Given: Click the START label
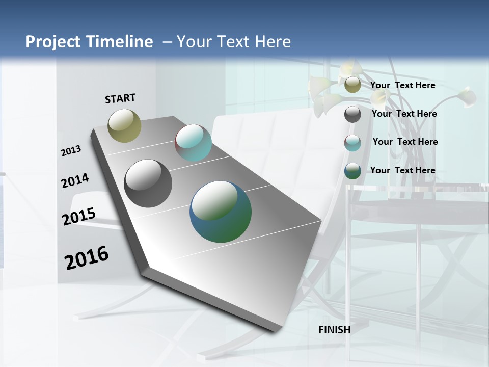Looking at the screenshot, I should [x=120, y=98].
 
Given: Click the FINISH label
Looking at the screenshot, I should [x=335, y=330].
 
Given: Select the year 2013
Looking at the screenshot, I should [x=71, y=150].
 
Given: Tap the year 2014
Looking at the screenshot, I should [x=75, y=180].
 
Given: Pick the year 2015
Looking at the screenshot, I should [x=79, y=216].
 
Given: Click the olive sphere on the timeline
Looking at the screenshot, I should [x=125, y=125].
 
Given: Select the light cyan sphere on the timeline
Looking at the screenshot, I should [x=193, y=143].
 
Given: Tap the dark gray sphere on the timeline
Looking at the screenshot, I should [x=148, y=183].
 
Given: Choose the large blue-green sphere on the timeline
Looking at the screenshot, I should [x=221, y=212].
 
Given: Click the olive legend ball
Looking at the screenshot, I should [x=352, y=85].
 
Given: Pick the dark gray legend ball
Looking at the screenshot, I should [x=352, y=114].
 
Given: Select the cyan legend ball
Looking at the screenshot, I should [x=352, y=143].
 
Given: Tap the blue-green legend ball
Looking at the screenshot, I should [x=352, y=171].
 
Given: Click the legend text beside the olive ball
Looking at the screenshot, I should [x=402, y=85].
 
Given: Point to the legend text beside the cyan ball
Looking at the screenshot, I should [x=405, y=142].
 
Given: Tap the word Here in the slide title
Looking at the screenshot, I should [x=273, y=42].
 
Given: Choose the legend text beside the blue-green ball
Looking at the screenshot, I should [x=402, y=170].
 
